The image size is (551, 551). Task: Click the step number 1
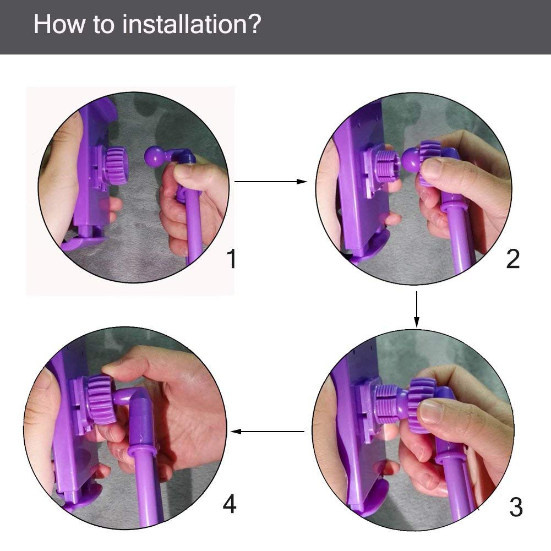pos(232,259)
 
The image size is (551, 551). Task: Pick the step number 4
pos(230,504)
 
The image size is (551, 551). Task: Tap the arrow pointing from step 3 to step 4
pos(268,432)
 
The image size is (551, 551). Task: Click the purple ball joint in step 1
pos(154,157)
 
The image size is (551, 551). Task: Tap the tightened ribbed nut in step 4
pos(100,396)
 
